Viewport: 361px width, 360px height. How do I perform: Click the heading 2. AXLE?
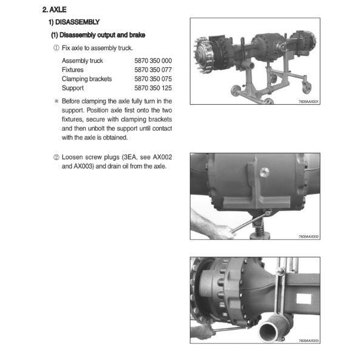point(55,10)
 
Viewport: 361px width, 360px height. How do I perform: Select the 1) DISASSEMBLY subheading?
point(74,22)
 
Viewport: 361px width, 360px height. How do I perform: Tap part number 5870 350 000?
point(153,61)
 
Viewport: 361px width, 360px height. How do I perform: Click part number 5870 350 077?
point(153,70)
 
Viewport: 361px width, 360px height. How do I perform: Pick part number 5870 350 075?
point(153,79)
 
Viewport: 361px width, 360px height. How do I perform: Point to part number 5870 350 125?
point(153,88)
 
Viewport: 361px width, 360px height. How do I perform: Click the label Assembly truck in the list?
point(83,61)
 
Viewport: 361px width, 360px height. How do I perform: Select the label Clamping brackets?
point(87,79)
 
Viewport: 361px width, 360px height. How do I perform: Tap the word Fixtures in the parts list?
point(73,70)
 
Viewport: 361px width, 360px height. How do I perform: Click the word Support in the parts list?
point(73,88)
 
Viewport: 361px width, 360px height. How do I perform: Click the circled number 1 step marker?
point(56,48)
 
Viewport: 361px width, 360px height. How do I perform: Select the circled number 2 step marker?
point(56,157)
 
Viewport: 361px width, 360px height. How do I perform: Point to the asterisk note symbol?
point(56,101)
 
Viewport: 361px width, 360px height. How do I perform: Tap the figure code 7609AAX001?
point(308,101)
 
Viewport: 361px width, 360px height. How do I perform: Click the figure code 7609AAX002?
point(308,236)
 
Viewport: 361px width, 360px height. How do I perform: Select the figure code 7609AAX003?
point(308,341)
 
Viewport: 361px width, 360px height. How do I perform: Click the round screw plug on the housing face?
point(265,172)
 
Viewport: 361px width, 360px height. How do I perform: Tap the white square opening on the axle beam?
point(304,299)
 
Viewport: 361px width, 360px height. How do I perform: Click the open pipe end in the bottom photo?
point(269,331)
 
